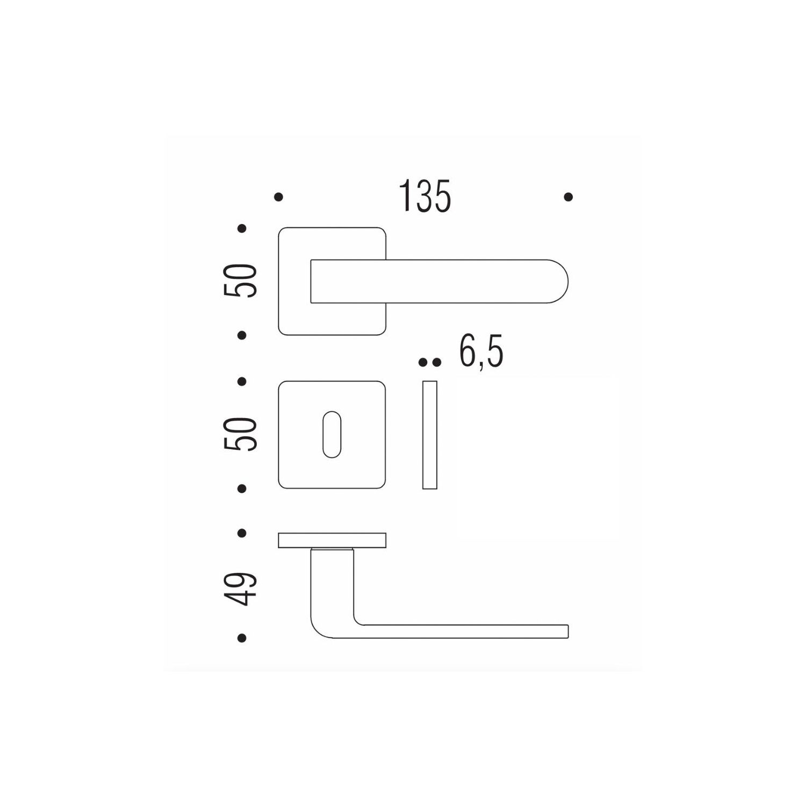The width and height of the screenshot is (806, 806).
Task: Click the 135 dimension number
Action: (x=424, y=197)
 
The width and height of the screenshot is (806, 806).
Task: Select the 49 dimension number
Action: (x=241, y=589)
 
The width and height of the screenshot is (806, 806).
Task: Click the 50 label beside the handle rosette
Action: (x=241, y=281)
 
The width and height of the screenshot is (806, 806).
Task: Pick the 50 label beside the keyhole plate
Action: (x=241, y=434)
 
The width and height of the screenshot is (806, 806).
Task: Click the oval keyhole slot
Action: (x=332, y=435)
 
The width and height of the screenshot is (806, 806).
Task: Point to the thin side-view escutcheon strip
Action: (x=430, y=435)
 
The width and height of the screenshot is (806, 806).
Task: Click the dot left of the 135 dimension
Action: (x=278, y=197)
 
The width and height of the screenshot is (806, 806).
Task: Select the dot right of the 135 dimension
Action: (x=568, y=197)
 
